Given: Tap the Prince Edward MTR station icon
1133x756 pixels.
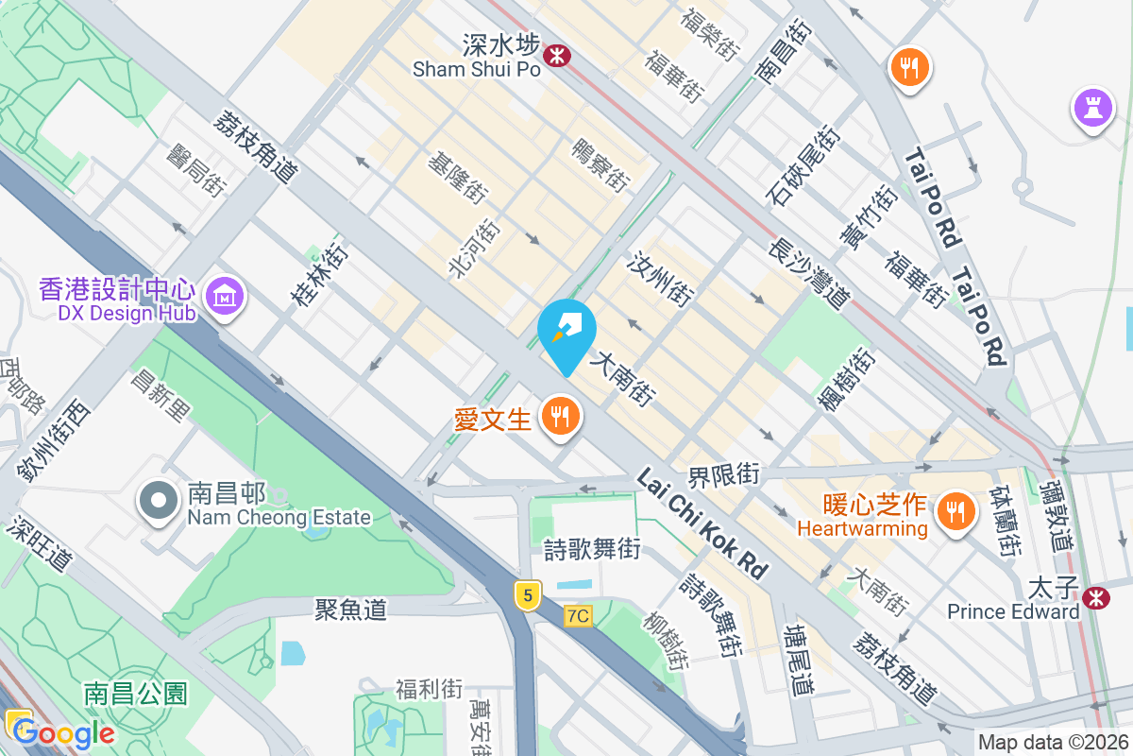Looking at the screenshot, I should click(1096, 597).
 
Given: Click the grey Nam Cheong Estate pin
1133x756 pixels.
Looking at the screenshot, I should click(158, 502).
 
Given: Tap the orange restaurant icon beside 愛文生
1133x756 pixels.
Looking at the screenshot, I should click(560, 417).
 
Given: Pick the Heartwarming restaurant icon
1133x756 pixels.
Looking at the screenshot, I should click(956, 513).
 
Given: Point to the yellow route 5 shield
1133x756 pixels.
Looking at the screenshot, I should click(529, 595).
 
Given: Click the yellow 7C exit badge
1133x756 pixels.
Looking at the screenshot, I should click(578, 616).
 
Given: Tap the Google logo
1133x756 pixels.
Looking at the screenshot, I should click(64, 733).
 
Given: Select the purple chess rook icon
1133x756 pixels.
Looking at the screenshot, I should click(1093, 109).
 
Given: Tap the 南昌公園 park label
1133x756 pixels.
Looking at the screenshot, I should click(136, 694).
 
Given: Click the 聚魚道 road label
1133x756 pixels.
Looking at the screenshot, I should click(350, 610).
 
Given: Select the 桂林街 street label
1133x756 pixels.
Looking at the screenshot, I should click(318, 274).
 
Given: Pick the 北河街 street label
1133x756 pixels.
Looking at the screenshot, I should click(473, 249).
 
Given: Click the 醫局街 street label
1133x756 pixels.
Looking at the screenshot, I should click(195, 171).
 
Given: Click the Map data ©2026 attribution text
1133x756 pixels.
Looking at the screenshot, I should click(1053, 743).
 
